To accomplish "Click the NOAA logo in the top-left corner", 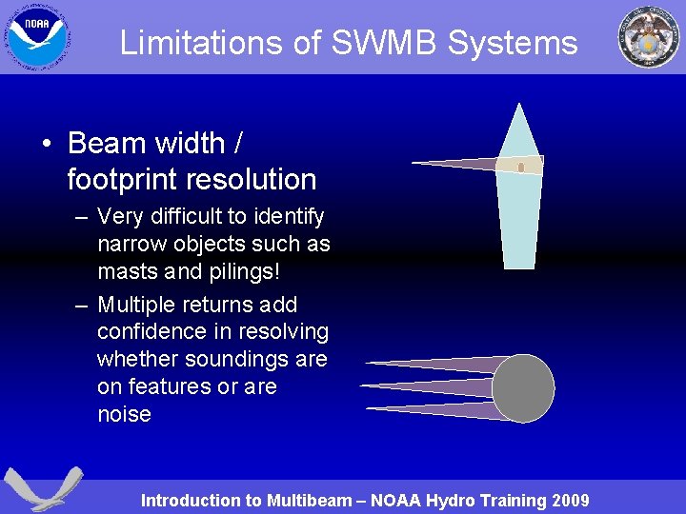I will click(x=38, y=38).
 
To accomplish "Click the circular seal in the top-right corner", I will click(x=648, y=37).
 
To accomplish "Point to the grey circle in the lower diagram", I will click(x=522, y=388).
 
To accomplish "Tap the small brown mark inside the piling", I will click(x=521, y=168).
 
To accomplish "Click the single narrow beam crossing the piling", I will click(x=457, y=165).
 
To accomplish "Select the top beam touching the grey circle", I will click(x=438, y=364).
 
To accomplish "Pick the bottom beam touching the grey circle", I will click(x=438, y=410).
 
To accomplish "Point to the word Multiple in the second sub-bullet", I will click(x=136, y=305).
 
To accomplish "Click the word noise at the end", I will click(x=124, y=414).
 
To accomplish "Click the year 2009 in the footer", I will click(x=569, y=501).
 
